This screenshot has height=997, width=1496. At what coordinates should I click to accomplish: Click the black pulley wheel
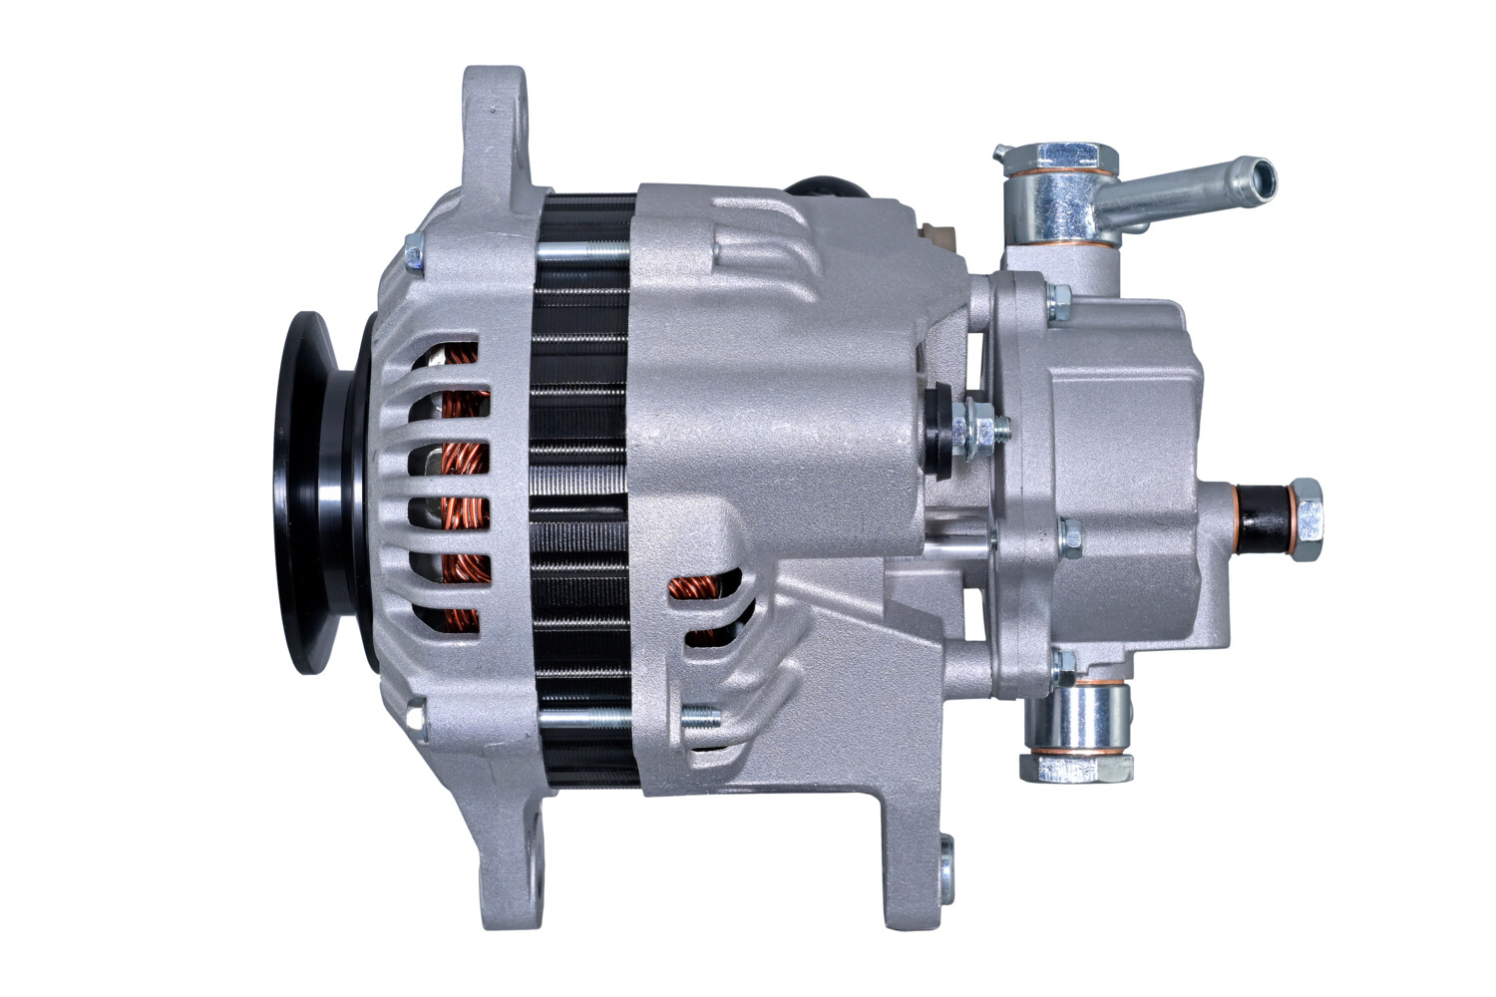click(317, 494)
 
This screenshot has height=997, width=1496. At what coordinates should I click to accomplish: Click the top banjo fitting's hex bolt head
click(1065, 157)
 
